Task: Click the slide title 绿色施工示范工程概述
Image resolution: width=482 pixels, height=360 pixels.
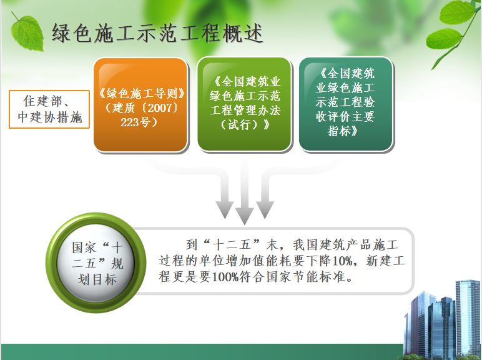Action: point(157,33)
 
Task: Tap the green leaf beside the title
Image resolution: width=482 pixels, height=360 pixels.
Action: point(27,32)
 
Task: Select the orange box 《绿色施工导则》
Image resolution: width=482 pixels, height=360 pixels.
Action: point(140,104)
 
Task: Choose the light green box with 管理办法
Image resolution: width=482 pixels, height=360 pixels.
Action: point(244,104)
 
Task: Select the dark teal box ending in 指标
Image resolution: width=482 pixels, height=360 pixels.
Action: point(346,104)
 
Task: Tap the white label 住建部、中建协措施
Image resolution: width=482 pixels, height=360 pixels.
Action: point(49,109)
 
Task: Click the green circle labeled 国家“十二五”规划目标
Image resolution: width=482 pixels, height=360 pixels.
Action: point(96,262)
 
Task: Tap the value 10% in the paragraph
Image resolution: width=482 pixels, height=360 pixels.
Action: point(342,261)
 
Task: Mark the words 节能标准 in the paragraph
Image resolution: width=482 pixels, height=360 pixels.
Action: point(319,277)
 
